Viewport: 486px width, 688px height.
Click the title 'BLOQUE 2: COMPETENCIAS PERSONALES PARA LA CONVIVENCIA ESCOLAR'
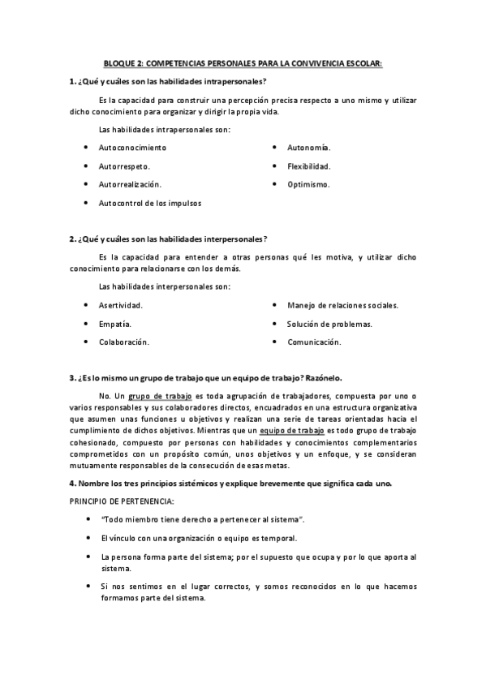243,62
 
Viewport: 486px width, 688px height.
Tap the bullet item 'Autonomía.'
308,148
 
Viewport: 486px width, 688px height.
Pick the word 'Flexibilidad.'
309,166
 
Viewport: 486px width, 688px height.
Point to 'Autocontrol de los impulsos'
150,203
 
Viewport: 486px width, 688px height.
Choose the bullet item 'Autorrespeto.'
124,166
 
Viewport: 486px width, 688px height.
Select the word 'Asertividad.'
121,305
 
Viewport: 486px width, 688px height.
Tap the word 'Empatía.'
115,324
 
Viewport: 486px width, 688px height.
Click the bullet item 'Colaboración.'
124,342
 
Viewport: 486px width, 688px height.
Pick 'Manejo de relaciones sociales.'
342,305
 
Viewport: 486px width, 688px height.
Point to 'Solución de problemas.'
329,324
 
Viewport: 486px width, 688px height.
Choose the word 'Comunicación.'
314,342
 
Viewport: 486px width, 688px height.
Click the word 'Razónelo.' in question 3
322,377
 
